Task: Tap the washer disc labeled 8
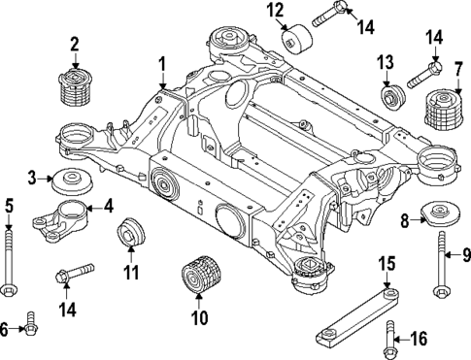tap(442, 215)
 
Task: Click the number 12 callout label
tap(275, 12)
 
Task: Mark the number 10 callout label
tap(198, 316)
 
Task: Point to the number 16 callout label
tap(418, 338)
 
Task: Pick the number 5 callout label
tap(9, 205)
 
